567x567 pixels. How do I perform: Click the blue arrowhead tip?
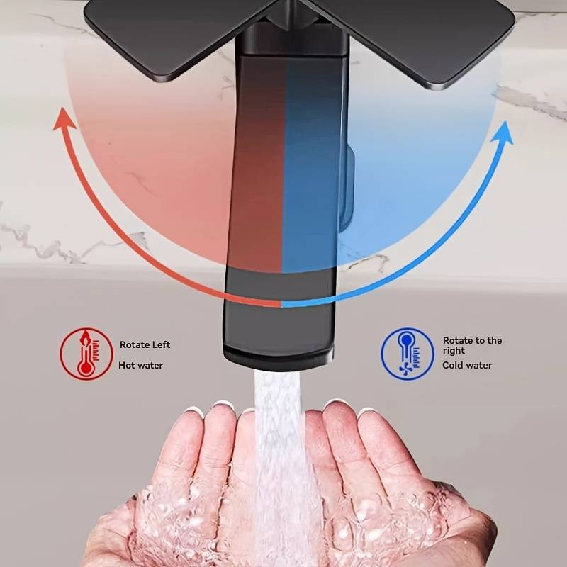[505, 122]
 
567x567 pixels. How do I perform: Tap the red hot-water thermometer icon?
[86, 354]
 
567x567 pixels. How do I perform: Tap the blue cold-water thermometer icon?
[408, 354]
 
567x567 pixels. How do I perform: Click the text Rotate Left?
[145, 344]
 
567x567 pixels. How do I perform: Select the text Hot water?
[140, 365]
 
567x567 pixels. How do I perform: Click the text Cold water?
[467, 365]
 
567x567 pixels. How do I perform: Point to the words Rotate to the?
[472, 341]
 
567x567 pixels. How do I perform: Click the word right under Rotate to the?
[454, 351]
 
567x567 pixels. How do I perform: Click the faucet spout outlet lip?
[279, 357]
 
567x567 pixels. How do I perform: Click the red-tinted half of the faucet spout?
[257, 163]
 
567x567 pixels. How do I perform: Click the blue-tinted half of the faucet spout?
[312, 163]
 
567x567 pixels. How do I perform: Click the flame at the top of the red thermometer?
[85, 338]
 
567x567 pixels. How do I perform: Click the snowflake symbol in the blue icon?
[406, 369]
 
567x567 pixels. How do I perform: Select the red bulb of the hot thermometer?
[86, 368]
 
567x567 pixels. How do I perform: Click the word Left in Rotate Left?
[161, 344]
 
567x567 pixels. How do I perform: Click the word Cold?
[452, 365]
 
